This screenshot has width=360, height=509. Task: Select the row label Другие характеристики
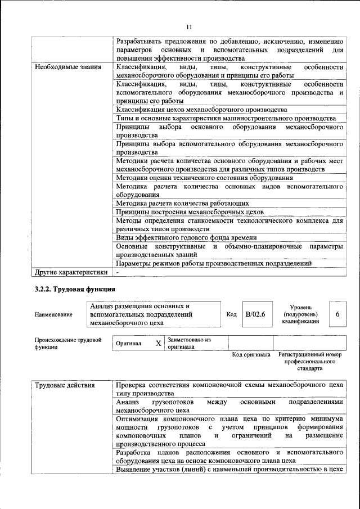pos(71,272)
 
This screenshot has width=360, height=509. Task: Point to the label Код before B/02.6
pos(231,314)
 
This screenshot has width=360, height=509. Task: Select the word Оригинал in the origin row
pos(128,343)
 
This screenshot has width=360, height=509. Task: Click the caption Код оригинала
pos(251,355)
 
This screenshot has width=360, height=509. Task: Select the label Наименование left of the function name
pos(53,314)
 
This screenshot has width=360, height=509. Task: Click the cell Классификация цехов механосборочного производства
pos(201,110)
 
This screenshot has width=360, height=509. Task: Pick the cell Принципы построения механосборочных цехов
pos(189,212)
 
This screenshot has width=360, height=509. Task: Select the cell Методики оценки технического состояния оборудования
pos(205,177)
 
